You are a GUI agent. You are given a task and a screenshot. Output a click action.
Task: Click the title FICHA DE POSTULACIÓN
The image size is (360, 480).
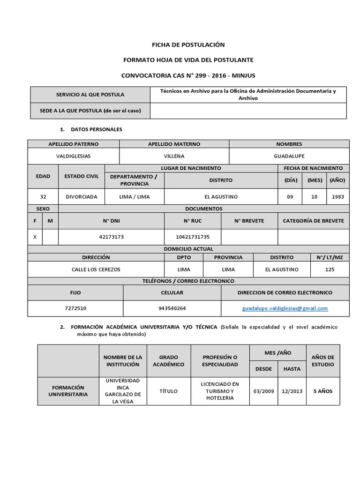pyautogui.click(x=188, y=45)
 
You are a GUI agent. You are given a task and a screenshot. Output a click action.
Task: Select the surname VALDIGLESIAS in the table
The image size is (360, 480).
pyautogui.click(x=74, y=156)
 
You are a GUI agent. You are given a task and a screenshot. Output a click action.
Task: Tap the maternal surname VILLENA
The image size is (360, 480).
pyautogui.click(x=174, y=156)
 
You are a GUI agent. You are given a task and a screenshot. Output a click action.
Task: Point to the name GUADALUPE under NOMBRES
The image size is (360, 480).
pyautogui.click(x=289, y=156)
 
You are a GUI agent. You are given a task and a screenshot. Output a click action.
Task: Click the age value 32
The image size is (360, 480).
pyautogui.click(x=43, y=197)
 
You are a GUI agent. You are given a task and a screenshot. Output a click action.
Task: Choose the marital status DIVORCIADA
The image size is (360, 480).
pyautogui.click(x=82, y=197)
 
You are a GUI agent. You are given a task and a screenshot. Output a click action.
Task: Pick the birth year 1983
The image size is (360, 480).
pyautogui.click(x=337, y=197)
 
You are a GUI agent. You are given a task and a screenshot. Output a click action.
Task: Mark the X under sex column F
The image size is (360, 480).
pyautogui.click(x=35, y=237)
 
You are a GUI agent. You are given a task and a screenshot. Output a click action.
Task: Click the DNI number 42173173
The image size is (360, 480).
pyautogui.click(x=112, y=237)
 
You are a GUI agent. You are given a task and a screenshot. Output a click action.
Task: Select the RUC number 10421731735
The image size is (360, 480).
pyautogui.click(x=193, y=237)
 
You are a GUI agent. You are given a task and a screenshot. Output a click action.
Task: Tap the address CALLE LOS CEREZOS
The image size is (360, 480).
pyautogui.click(x=96, y=270)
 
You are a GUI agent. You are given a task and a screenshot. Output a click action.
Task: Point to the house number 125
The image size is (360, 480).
pyautogui.click(x=330, y=270)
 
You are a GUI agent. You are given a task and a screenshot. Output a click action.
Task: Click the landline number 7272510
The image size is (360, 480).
pyautogui.click(x=75, y=308)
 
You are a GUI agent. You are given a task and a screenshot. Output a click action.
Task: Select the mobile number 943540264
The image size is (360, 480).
pyautogui.click(x=172, y=308)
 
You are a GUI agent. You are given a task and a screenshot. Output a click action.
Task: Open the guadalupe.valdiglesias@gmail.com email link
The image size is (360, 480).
pyautogui.click(x=285, y=308)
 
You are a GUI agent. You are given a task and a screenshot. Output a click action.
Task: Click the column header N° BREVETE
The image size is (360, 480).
pyautogui.click(x=249, y=221)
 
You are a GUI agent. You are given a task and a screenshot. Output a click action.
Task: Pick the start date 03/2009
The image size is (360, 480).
pyautogui.click(x=263, y=391)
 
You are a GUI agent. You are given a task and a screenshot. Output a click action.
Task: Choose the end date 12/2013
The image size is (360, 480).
pyautogui.click(x=292, y=391)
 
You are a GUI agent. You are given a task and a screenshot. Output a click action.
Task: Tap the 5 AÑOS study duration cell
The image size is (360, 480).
pyautogui.click(x=322, y=391)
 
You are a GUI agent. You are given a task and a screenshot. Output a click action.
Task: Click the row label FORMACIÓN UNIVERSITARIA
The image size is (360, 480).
pyautogui.click(x=68, y=391)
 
